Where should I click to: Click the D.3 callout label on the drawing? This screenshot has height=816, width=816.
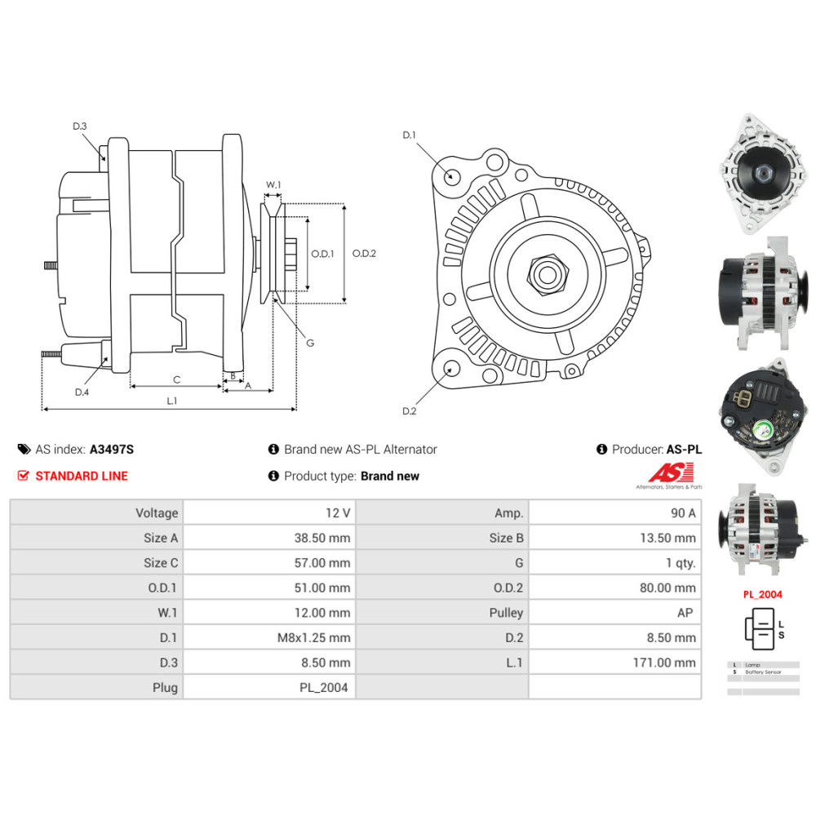click(79, 126)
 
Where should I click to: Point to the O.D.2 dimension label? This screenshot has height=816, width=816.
click(364, 253)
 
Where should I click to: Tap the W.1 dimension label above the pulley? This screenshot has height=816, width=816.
click(273, 185)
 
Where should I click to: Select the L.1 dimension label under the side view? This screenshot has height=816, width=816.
click(171, 401)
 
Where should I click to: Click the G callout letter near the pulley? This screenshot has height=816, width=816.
click(310, 343)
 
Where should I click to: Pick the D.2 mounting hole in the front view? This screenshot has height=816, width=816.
click(448, 370)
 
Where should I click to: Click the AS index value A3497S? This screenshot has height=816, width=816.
click(112, 449)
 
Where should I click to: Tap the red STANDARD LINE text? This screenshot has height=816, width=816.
click(82, 476)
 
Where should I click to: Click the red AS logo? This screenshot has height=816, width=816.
click(671, 472)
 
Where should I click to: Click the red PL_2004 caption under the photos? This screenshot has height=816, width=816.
click(762, 594)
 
